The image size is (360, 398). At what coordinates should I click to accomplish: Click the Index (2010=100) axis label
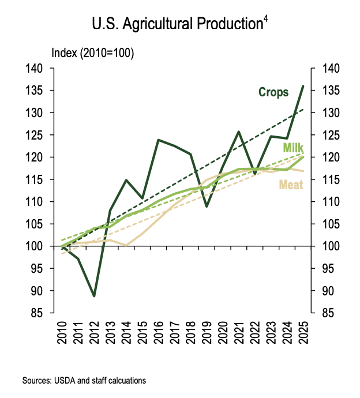[x=93, y=54]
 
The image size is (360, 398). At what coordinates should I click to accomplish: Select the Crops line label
[x=273, y=92]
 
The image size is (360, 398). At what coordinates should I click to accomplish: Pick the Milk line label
[x=293, y=148]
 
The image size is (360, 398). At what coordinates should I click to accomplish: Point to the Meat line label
[x=291, y=185]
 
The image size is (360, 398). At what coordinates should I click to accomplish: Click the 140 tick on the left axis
[x=36, y=69]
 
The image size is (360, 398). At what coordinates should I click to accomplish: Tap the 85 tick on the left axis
[x=39, y=313]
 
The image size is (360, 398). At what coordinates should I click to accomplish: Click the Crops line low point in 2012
[x=94, y=296]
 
